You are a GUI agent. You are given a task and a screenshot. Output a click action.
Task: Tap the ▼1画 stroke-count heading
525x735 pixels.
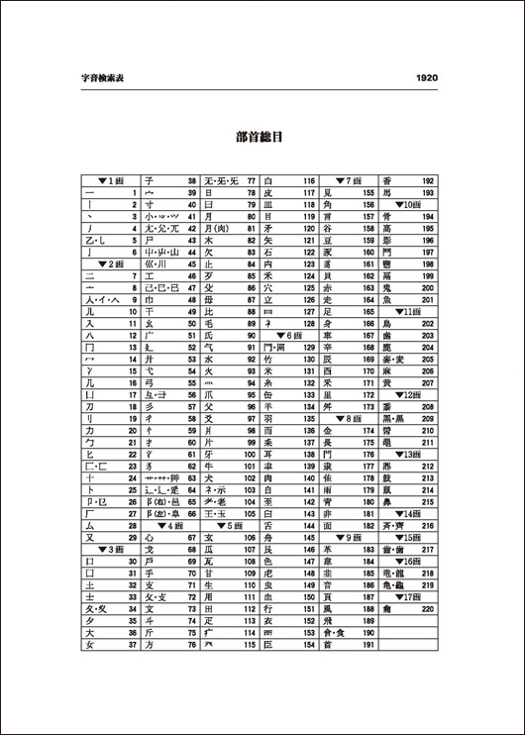point(111,181)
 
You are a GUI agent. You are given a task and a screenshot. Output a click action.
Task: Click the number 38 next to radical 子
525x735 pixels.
point(191,181)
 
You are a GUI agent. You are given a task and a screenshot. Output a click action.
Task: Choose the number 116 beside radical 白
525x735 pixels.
point(308,181)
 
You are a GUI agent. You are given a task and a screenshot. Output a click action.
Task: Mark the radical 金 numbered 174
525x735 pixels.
point(327,431)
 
